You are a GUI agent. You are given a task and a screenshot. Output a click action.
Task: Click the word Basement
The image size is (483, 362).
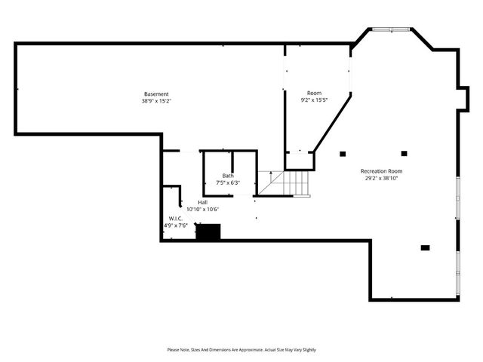pyautogui.click(x=156, y=94)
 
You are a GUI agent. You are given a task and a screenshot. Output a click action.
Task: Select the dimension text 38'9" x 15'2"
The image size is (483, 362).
pyautogui.click(x=156, y=101)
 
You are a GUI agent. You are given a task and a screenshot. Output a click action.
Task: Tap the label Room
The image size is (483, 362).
pyautogui.click(x=314, y=93)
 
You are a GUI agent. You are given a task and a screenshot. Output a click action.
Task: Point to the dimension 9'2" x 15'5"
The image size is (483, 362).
pyautogui.click(x=314, y=100)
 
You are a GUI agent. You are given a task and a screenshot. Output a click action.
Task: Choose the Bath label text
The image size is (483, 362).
pyautogui.click(x=228, y=176)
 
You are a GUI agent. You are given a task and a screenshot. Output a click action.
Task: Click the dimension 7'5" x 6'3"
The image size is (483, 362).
pyautogui.click(x=228, y=183)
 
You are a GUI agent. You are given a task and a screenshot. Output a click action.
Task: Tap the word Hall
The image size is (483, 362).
pyautogui.click(x=203, y=202)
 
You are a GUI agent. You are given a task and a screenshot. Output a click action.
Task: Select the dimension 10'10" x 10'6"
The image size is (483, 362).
pyautogui.click(x=203, y=209)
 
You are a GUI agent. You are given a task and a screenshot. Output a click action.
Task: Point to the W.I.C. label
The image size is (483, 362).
pyautogui.click(x=176, y=218)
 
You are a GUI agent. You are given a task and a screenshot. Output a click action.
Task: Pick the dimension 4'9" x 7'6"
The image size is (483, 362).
pyautogui.click(x=176, y=225)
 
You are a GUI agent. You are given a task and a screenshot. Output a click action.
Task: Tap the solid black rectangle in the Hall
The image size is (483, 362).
pyautogui.click(x=208, y=232)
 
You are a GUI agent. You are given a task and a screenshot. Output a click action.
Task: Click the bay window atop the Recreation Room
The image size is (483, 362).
pyautogui.click(x=390, y=29)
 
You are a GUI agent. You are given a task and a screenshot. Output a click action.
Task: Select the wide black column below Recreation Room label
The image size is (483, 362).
pyautogui.click(x=425, y=247)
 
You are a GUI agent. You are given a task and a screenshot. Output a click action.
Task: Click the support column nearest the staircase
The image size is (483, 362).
pyautogui.click(x=343, y=154)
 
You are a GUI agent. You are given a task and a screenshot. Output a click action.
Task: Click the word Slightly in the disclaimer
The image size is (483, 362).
pyautogui.click(x=307, y=350)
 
